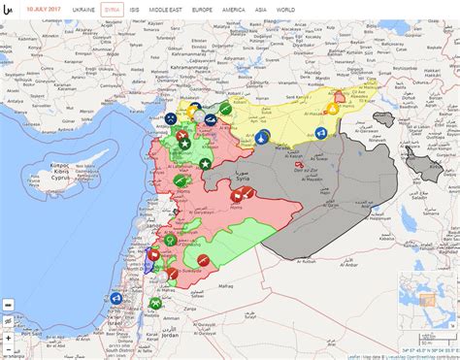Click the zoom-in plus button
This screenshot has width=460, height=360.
click(8, 303)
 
